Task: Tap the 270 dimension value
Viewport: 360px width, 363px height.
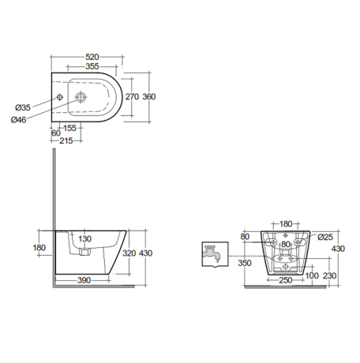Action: [132, 96]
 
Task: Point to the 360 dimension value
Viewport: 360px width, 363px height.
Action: [150, 96]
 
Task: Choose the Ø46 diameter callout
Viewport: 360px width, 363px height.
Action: [21, 119]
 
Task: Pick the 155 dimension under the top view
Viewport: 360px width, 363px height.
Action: [69, 127]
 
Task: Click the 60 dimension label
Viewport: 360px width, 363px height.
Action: [54, 133]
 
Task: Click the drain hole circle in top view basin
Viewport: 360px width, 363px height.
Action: [81, 98]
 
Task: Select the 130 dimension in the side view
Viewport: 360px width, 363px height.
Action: [84, 239]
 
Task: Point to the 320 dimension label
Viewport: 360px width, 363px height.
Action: [129, 254]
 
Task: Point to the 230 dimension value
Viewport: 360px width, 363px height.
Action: [331, 275]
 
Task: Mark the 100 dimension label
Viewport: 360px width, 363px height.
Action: [312, 275]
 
